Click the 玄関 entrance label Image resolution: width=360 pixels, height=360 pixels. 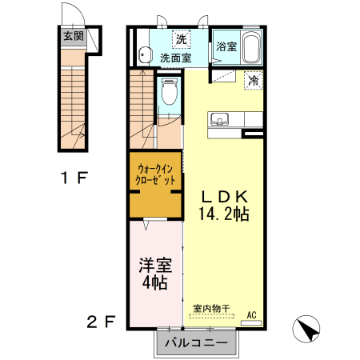click(74, 36)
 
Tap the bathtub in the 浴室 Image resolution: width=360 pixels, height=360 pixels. click(251, 47)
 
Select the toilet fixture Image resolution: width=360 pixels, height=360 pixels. click(170, 91)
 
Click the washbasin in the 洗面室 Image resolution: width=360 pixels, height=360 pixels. click(144, 55)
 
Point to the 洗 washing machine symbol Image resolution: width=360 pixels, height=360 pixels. click(182, 39)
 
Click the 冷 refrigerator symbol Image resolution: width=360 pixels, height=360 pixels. click(254, 81)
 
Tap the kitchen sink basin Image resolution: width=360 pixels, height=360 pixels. click(219, 119)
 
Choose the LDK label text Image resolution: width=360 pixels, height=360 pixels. click(225, 197)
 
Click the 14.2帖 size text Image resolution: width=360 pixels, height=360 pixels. click(224, 214)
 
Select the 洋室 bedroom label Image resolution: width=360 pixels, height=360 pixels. click(155, 265)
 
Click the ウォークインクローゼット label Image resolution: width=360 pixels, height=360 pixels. click(155, 174)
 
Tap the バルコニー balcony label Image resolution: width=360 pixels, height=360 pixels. click(196, 342)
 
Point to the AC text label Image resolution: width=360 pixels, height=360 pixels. click(251, 315)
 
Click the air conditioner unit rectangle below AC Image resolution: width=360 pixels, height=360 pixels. click(251, 323)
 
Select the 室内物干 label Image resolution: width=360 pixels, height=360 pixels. click(211, 309)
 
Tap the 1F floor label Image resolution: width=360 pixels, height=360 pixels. click(74, 178)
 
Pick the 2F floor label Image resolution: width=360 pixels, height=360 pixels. click(101, 322)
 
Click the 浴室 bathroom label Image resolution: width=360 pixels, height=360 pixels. click(226, 46)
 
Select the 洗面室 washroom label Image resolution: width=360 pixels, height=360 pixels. click(176, 58)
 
